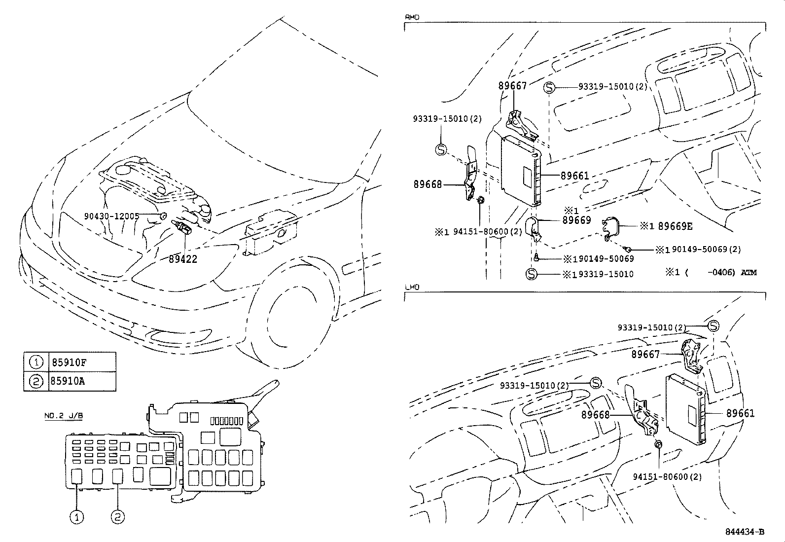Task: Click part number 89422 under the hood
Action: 183,259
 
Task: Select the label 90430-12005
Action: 111,217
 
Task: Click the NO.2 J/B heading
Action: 64,416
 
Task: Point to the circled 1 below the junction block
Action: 77,516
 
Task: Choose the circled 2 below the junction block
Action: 118,516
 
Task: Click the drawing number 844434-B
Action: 745,532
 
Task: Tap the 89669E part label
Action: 675,226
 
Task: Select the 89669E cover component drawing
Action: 610,228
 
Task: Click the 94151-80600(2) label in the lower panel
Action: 667,477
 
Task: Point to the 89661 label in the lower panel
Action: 740,413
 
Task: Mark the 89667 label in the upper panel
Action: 512,86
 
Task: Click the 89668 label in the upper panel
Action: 428,184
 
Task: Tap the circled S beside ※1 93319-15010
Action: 531,274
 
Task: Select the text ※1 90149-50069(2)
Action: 698,250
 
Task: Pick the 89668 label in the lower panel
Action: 596,415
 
